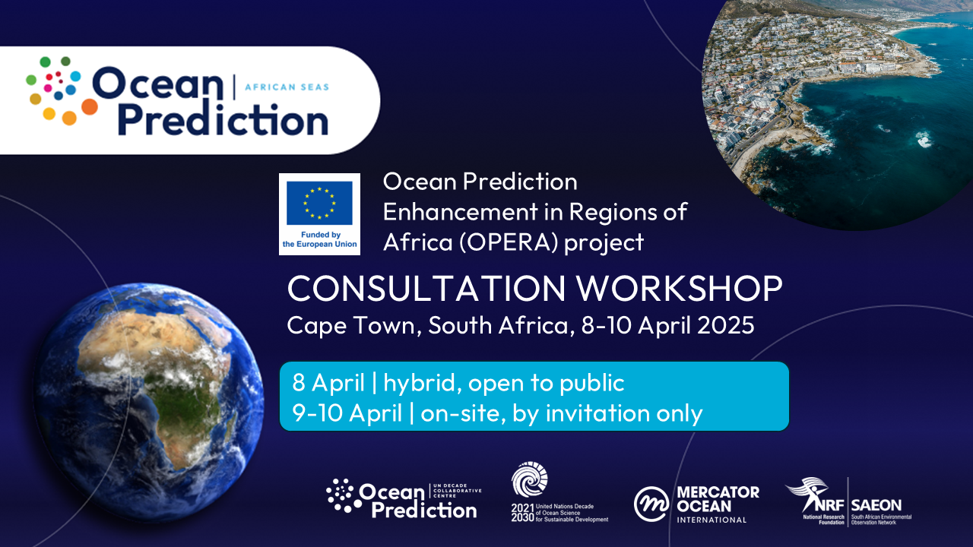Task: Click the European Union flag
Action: tap(319, 203)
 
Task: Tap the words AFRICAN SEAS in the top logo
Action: tap(287, 87)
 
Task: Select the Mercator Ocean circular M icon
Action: tap(651, 504)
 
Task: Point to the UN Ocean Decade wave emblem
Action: tap(530, 480)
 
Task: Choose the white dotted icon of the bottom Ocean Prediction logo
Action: tap(341, 495)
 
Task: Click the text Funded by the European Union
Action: tap(319, 240)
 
